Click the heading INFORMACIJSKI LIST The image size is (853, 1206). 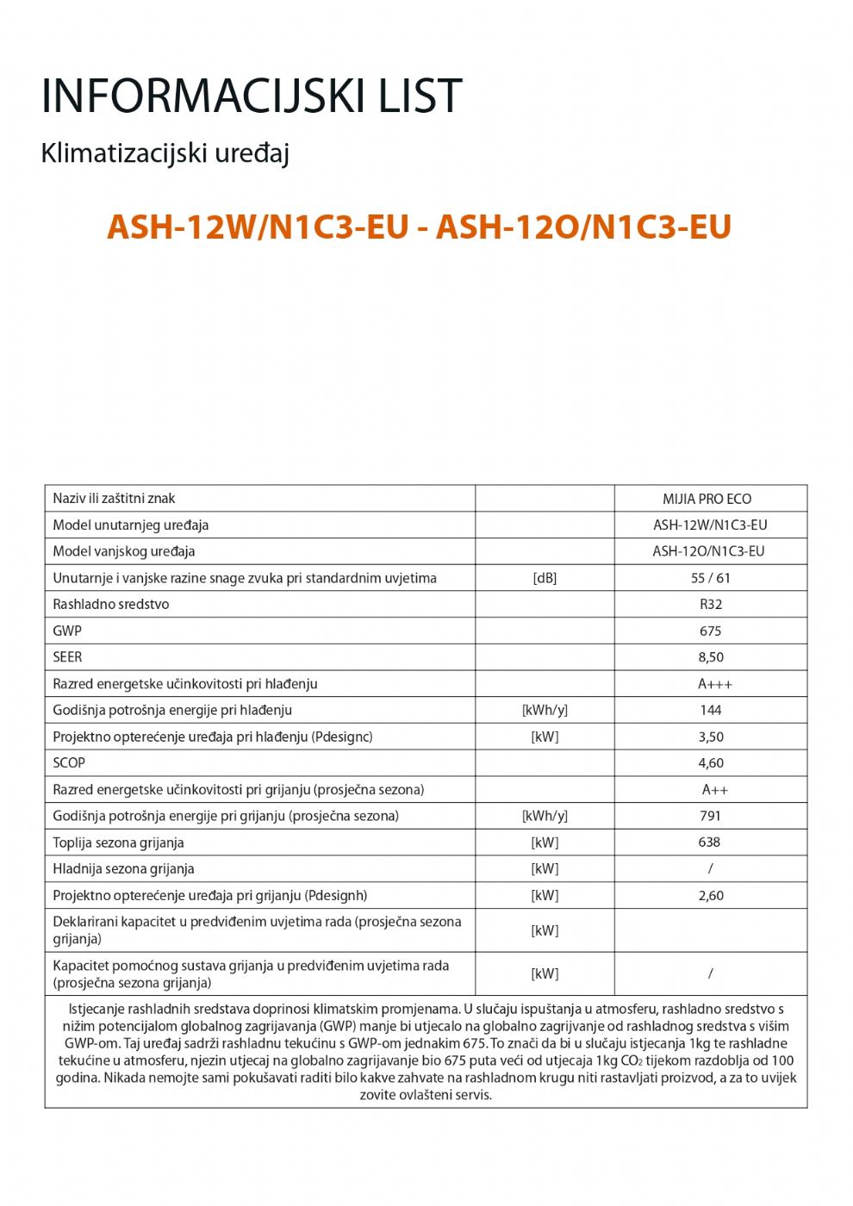click(x=252, y=96)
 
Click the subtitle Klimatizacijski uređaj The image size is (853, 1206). click(x=165, y=154)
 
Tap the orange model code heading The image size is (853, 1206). click(x=419, y=227)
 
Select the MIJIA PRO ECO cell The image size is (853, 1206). click(x=707, y=499)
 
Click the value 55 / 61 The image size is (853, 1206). click(x=711, y=578)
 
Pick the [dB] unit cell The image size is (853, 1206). click(x=545, y=578)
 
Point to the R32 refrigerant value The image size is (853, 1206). click(x=711, y=605)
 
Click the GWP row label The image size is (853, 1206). click(x=67, y=631)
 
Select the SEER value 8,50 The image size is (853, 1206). click(x=711, y=657)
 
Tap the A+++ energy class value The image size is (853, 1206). click(x=715, y=684)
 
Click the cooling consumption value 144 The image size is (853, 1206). click(x=711, y=710)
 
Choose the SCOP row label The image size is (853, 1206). click(x=69, y=762)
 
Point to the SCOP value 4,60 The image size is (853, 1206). click(x=711, y=763)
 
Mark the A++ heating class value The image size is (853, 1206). click(x=715, y=790)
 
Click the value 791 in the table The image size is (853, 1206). click(x=711, y=816)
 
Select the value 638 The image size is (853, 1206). click(x=710, y=842)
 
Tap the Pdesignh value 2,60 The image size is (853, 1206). click(x=711, y=895)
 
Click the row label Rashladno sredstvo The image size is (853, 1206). click(x=110, y=604)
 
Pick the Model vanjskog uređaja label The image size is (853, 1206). click(x=123, y=551)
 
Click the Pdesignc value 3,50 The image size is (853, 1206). click(x=711, y=737)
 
